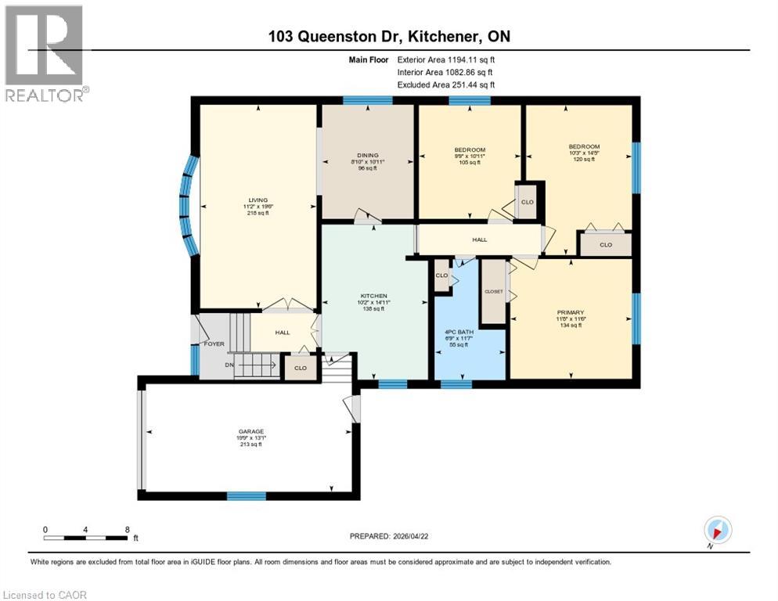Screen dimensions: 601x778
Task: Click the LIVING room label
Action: point(258,201)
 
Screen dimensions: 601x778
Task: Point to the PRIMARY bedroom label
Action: point(571,312)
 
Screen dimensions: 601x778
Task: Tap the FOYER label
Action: point(214,344)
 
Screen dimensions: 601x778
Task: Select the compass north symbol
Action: point(717,530)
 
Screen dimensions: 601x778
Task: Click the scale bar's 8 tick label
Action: point(126,529)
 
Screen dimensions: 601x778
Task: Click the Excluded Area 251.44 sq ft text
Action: point(446,85)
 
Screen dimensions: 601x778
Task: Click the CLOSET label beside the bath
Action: point(493,291)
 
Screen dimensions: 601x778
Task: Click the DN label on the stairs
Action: point(229,365)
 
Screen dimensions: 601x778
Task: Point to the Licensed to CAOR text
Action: point(45,595)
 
